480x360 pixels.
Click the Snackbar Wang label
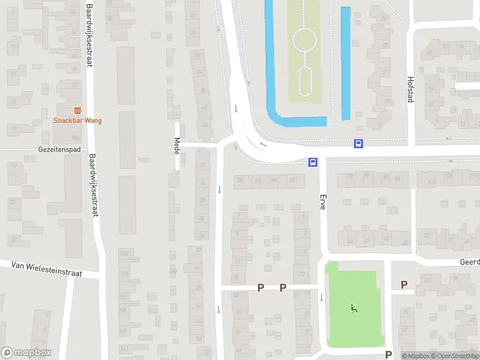coord(77,121)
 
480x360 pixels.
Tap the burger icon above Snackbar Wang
coord(77,110)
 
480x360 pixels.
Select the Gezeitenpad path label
coord(59,149)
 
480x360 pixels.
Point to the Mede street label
coord(177,145)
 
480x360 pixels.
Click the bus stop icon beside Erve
coord(313,162)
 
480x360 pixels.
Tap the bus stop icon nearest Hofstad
coord(358,143)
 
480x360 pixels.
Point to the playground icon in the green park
coord(353,309)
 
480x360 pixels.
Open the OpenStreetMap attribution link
coord(454,356)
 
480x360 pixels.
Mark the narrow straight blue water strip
coord(346,62)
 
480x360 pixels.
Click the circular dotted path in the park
coord(304,41)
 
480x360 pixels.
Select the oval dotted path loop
coord(305,81)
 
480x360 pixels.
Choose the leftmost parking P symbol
coord(260,287)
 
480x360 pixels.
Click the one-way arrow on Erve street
coord(322,298)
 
